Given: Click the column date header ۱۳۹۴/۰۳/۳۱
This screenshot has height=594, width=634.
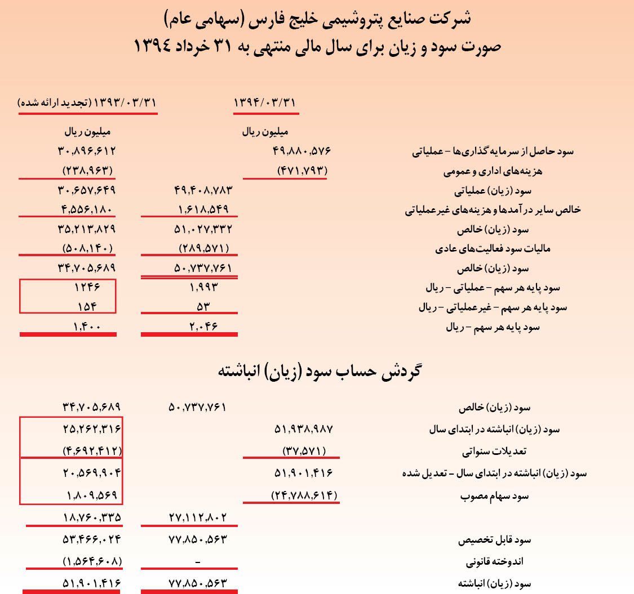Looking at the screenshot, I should (264, 103).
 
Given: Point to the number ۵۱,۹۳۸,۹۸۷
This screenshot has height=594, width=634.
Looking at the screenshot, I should (304, 429).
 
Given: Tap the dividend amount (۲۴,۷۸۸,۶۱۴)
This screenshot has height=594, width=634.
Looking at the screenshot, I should (304, 496).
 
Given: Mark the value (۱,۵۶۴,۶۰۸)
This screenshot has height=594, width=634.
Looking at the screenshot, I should (92, 561).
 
